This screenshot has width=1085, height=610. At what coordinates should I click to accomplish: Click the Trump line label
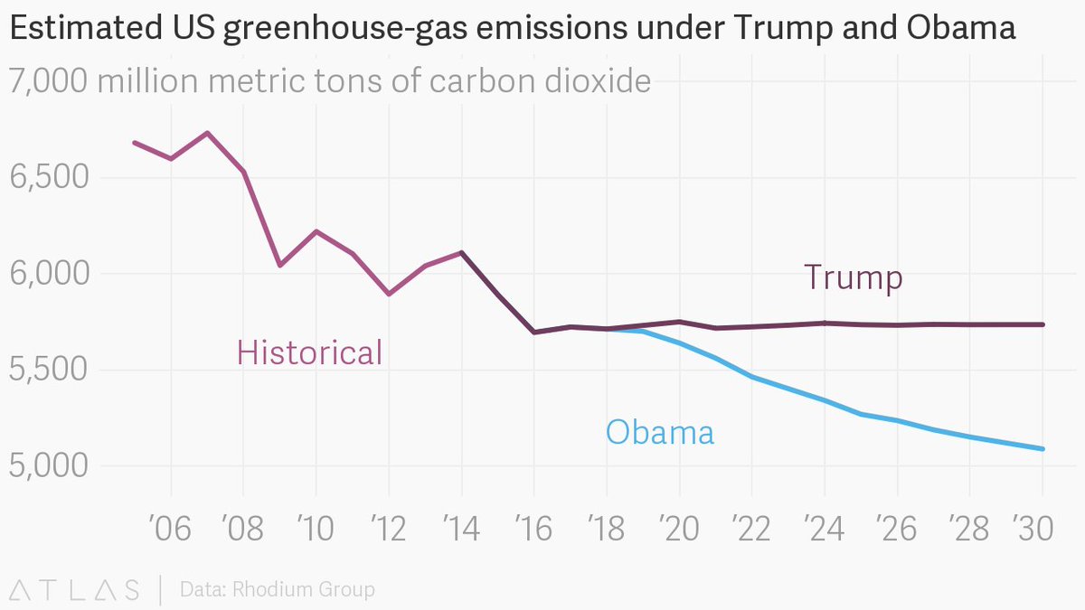853,277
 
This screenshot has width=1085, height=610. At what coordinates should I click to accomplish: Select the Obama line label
659,433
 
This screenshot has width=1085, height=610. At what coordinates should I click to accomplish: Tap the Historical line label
309,352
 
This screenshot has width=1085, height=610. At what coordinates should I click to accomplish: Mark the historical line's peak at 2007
207,133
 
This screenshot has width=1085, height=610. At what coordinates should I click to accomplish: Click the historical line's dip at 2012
388,294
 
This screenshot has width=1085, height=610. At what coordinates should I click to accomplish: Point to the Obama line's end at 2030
1043,448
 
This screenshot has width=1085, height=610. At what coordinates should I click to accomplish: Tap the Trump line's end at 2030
1043,324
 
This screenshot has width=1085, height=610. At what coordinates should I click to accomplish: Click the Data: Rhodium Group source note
277,590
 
